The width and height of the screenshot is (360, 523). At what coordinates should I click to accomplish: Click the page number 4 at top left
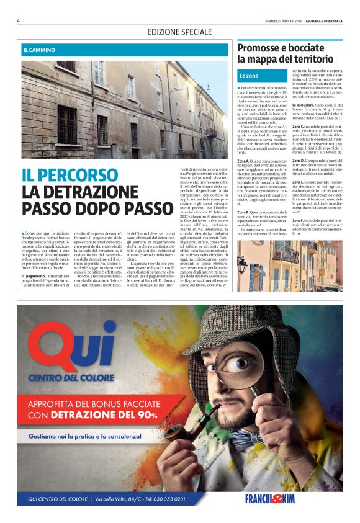19,20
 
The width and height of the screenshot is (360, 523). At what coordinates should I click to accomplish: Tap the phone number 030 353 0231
167,499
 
